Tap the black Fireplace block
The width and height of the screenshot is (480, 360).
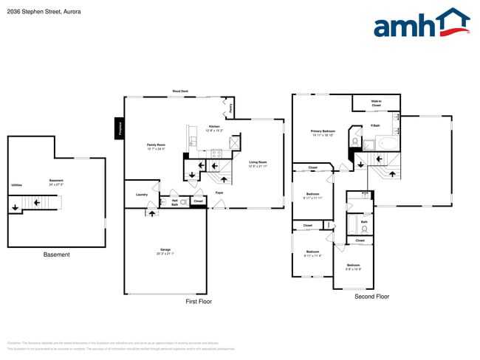[118, 128]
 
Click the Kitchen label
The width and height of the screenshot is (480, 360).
[213, 128]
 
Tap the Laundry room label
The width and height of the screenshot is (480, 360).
[142, 194]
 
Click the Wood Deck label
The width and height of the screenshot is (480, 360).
[179, 91]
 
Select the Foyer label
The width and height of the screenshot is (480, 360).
[219, 193]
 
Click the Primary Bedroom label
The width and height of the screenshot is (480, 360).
[323, 133]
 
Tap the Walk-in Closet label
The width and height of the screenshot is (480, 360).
[376, 104]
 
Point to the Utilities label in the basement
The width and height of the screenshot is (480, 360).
[16, 184]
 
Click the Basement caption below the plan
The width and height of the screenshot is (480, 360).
[56, 255]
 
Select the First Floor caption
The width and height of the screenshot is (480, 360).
[198, 302]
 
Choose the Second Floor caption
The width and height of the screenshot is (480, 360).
[371, 297]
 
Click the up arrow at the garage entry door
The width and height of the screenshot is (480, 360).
[153, 212]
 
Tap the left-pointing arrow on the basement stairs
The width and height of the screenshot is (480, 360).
[16, 207]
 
